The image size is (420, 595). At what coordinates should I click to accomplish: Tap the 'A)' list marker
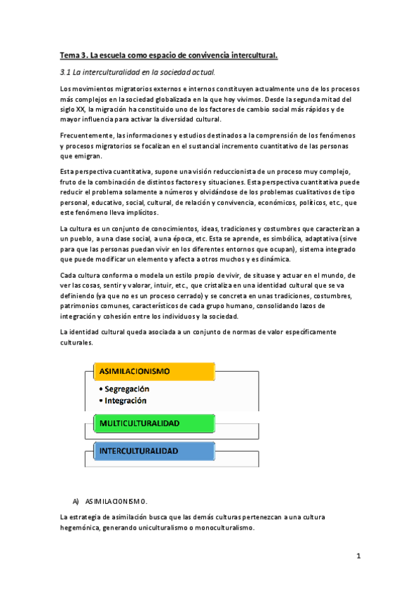click(x=76, y=501)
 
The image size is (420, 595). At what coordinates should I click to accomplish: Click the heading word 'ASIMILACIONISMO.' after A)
click(x=116, y=501)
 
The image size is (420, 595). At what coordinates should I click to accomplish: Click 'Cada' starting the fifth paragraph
click(x=69, y=256)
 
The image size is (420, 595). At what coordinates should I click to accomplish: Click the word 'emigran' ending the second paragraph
click(x=77, y=156)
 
